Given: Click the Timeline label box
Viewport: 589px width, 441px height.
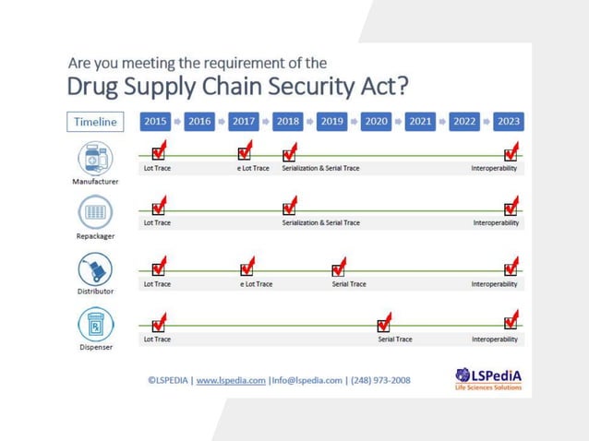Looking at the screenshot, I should (x=96, y=122).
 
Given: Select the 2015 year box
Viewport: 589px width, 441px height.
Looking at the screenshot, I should (x=155, y=121).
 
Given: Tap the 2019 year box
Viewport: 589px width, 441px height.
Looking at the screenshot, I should (x=331, y=121).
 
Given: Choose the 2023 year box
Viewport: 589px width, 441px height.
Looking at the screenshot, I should (x=508, y=121).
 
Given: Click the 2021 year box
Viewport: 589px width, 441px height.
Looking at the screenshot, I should (x=420, y=121).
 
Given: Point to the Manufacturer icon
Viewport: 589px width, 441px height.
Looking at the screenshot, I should (x=95, y=158).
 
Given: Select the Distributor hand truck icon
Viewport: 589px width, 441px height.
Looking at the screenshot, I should (x=95, y=270).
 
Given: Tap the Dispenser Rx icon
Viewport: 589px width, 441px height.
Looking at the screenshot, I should (x=95, y=327).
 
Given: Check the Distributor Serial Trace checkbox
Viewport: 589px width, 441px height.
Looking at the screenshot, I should (x=338, y=269).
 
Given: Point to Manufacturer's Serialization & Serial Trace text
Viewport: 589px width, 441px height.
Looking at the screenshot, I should (x=320, y=169).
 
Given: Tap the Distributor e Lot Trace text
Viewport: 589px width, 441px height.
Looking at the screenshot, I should (x=256, y=284).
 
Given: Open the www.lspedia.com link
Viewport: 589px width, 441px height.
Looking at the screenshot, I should (x=231, y=380).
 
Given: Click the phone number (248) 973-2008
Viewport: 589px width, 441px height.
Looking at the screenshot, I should (x=380, y=380).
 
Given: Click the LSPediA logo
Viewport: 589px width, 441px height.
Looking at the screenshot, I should (x=488, y=378).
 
